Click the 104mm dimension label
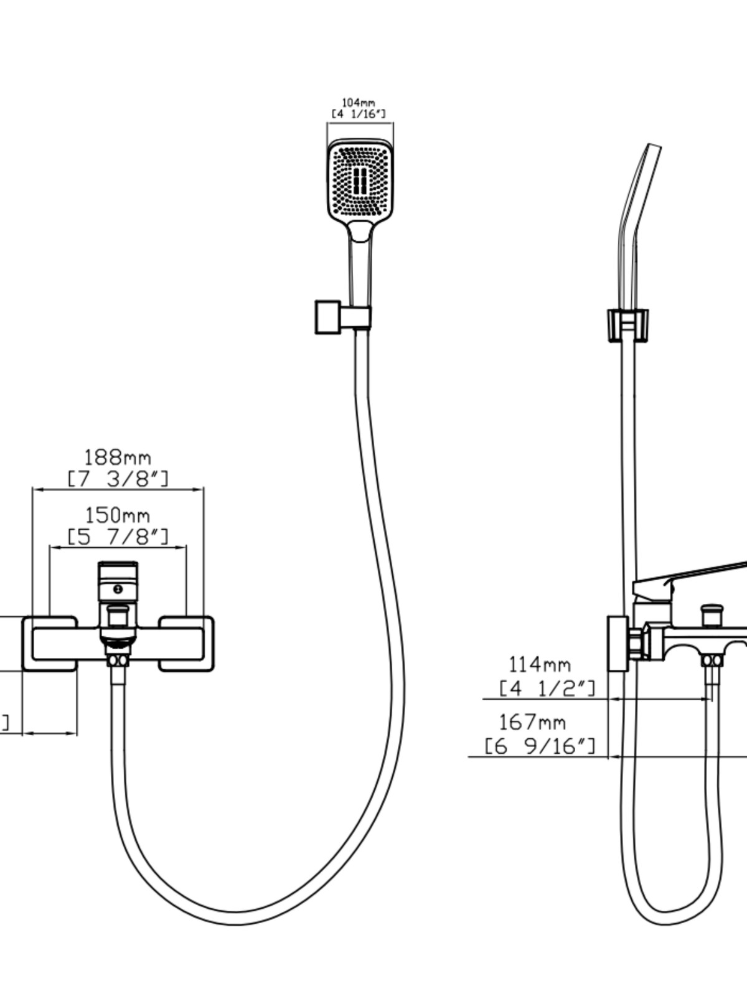click(359, 102)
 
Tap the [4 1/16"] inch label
click(359, 114)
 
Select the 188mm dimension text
click(118, 458)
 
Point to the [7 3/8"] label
click(118, 479)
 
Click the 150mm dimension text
click(118, 515)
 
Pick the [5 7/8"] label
click(118, 536)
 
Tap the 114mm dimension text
click(539, 664)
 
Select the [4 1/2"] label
click(547, 688)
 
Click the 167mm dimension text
click(532, 722)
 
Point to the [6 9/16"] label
click(540, 745)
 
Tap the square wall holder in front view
click(327, 317)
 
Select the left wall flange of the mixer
click(50, 644)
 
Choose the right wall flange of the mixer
click(187, 644)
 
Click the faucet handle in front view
click(118, 582)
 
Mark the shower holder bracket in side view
click(627, 324)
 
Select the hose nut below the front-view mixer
click(118, 660)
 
